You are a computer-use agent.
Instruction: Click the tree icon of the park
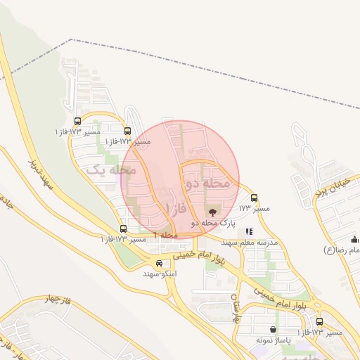[212, 210]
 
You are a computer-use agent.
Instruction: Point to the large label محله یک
[110, 170]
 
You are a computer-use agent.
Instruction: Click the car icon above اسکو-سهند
[160, 263]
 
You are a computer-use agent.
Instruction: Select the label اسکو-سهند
[160, 273]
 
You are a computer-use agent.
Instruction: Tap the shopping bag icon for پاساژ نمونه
[273, 329]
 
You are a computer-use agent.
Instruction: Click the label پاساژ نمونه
[274, 340]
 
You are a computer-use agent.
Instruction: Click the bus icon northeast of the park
[254, 198]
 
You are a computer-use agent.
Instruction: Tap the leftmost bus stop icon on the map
[77, 121]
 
